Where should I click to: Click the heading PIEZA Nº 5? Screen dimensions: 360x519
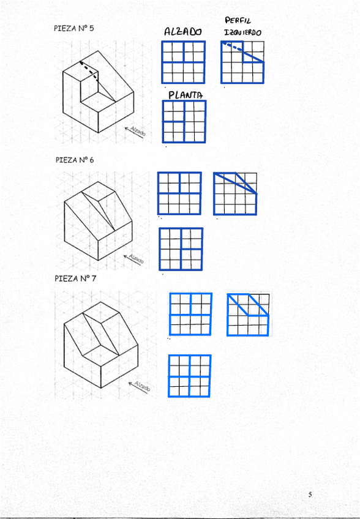73,28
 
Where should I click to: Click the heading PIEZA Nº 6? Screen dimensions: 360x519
75,160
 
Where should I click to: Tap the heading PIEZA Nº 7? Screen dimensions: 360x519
75,278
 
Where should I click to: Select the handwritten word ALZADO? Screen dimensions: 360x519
183,31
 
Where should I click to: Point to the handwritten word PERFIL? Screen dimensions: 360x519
238,21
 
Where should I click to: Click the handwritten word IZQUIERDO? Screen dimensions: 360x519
243,32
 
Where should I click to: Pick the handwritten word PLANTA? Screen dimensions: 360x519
186,95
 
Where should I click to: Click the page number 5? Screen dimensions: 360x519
310,495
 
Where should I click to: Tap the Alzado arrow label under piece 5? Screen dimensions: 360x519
135,131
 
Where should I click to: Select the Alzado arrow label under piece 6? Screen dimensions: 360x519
134,258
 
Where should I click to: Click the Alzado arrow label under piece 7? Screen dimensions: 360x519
140,386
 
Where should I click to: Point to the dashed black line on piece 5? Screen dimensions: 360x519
90,70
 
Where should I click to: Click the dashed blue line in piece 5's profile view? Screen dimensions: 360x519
232,47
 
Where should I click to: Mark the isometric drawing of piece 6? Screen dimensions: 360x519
99,221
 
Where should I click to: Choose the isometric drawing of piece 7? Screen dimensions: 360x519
100,345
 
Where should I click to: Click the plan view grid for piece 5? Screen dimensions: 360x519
184,122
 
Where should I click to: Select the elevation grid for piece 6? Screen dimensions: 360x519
179,193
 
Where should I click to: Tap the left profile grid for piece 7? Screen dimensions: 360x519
248,315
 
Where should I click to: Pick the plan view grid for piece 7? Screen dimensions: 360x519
189,376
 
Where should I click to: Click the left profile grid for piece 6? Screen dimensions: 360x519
235,193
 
